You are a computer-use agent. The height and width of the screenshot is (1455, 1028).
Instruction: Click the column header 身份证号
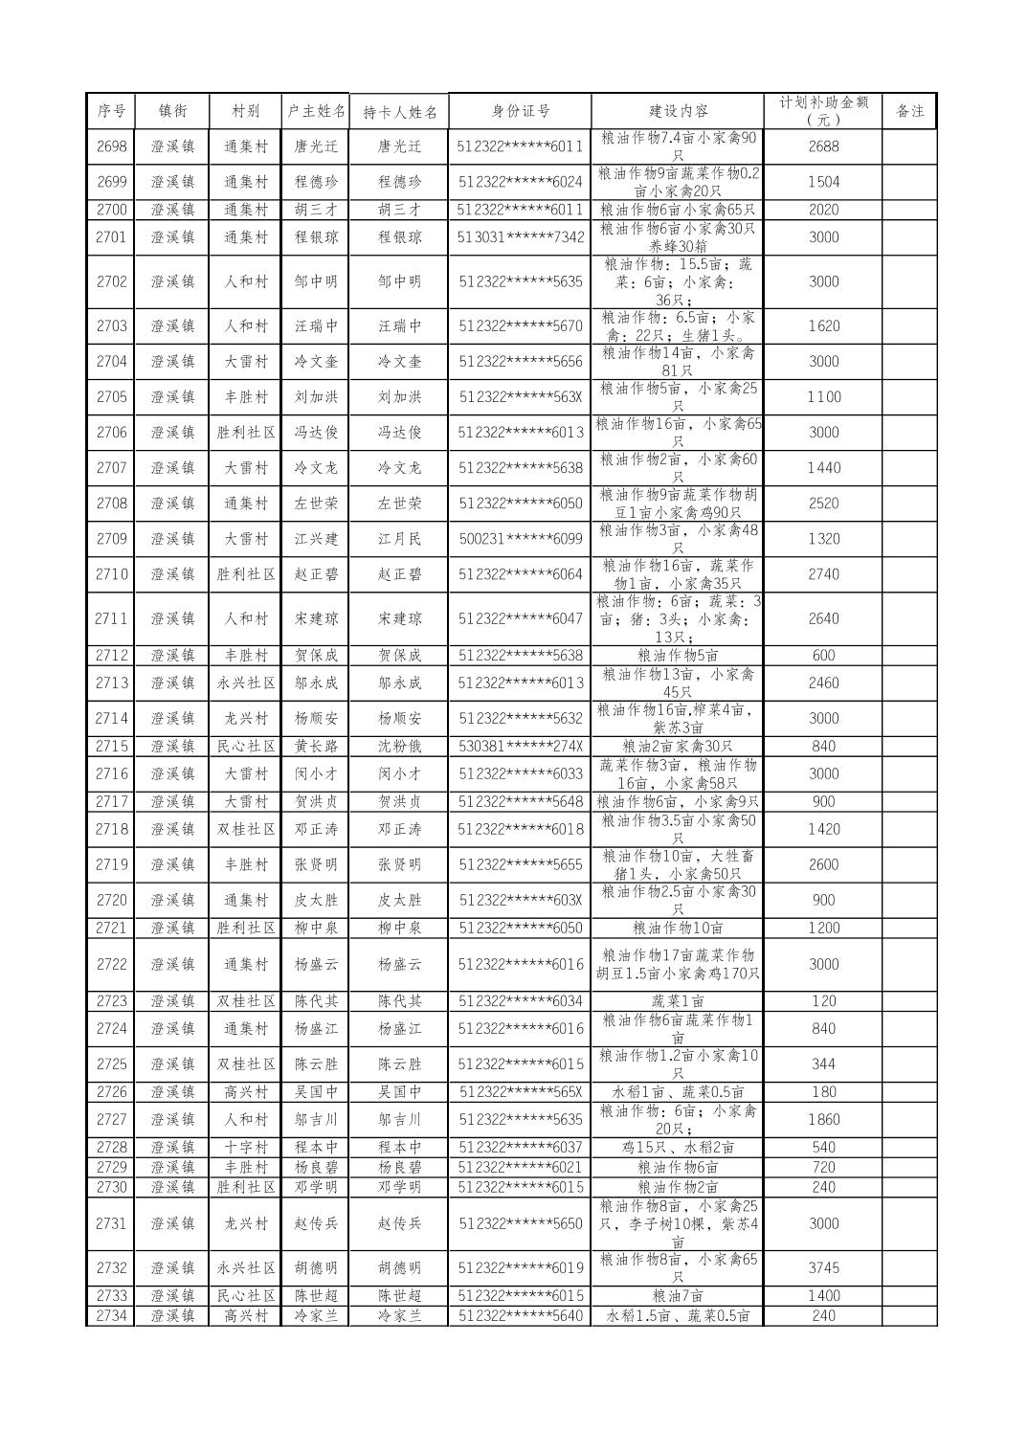pos(520,111)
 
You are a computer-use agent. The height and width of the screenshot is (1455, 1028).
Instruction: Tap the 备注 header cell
pos(908,111)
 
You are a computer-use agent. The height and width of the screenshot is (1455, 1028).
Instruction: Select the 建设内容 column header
pos(678,111)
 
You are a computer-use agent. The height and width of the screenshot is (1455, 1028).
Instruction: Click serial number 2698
pos(111,146)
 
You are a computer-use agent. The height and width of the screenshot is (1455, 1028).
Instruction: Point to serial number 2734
pos(111,1315)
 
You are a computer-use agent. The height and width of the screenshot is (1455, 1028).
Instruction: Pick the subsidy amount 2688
pos(823,146)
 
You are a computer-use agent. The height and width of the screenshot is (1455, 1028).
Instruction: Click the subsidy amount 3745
pos(823,1267)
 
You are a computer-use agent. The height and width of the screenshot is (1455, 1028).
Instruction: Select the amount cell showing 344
pos(823,1063)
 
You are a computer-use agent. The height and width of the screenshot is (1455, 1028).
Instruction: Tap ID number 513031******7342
pos(520,236)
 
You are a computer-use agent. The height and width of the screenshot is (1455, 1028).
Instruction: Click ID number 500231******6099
pos(520,539)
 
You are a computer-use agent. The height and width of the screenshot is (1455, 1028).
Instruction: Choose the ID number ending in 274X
pos(520,746)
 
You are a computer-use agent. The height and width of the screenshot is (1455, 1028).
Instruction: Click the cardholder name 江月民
pos(399,539)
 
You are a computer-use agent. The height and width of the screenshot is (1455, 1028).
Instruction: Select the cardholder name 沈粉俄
pos(399,746)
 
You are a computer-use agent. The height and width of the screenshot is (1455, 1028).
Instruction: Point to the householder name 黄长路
pos(316,746)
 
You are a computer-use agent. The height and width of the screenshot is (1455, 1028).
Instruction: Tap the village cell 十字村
pos(246,1147)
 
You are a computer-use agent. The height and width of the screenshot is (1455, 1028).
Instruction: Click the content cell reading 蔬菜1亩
pos(678,1001)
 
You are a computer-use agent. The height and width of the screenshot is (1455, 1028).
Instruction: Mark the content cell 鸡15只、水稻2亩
pos(678,1147)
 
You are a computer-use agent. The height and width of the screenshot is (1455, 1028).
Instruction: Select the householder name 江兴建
pos(316,539)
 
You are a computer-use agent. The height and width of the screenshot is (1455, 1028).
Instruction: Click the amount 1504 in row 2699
pos(823,182)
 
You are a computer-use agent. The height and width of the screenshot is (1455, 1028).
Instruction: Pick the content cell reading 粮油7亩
pos(678,1295)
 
